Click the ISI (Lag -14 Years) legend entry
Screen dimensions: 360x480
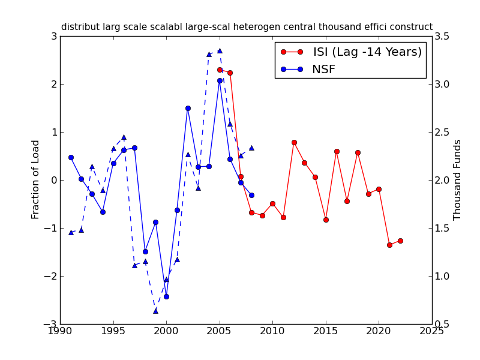pyautogui.click(x=367, y=52)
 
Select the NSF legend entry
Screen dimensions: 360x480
pyautogui.click(x=323, y=70)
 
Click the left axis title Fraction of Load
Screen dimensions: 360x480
pyautogui.click(x=36, y=179)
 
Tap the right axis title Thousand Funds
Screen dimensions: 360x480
pyautogui.click(x=458, y=179)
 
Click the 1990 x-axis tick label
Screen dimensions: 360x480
pyautogui.click(x=60, y=331)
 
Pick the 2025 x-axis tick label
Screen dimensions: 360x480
pyautogui.click(x=432, y=331)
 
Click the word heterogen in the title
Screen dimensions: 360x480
pyautogui.click(x=284, y=27)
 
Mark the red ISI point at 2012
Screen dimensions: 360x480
pyautogui.click(x=294, y=142)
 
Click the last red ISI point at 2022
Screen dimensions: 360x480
pyautogui.click(x=400, y=241)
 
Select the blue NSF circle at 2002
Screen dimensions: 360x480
pyautogui.click(x=188, y=108)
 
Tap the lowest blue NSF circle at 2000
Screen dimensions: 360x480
pyautogui.click(x=166, y=296)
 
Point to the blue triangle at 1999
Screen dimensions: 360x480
pyautogui.click(x=155, y=311)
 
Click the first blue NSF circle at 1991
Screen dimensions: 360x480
pyautogui.click(x=71, y=157)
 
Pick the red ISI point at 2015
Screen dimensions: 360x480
pyautogui.click(x=326, y=220)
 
